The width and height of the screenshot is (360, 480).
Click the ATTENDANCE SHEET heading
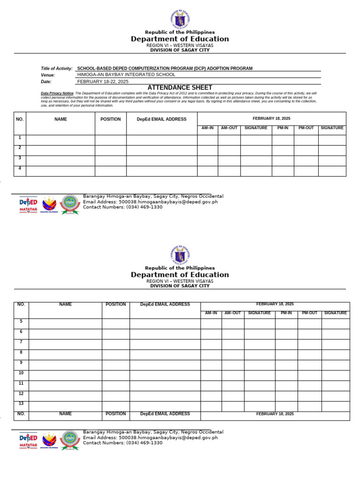click(180, 88)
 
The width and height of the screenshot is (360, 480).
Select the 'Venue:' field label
click(48, 75)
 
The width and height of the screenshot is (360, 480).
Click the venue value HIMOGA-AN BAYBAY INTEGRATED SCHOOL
click(126, 75)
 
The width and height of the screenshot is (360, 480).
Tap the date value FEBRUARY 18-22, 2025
click(103, 81)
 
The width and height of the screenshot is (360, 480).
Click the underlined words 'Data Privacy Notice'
click(57, 93)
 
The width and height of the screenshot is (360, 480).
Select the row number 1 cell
click(20, 140)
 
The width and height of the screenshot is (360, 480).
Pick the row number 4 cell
click(20, 171)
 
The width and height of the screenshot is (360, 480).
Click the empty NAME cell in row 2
click(60, 150)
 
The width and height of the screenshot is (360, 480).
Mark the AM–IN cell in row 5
click(211, 323)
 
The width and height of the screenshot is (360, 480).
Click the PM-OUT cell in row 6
click(309, 334)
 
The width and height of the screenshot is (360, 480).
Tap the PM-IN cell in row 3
click(283, 160)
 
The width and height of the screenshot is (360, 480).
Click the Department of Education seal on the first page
click(180, 19)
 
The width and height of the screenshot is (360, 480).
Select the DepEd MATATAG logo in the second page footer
click(28, 439)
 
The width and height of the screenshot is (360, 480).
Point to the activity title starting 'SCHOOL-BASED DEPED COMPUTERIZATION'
click(165, 68)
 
